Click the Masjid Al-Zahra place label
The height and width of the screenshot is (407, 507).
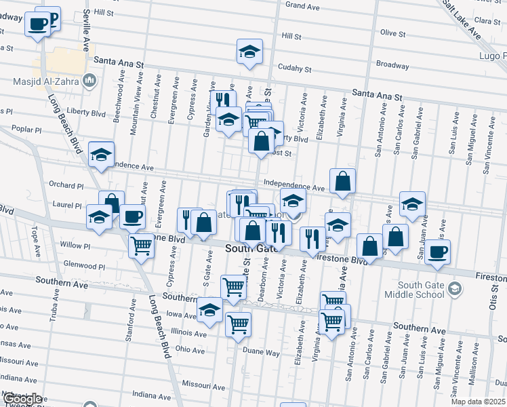point(46,83)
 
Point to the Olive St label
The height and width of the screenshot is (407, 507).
point(392,33)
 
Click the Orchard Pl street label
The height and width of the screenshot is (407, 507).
point(66,185)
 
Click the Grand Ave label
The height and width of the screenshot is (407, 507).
point(302,5)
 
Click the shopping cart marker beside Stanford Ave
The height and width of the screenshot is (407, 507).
point(141,246)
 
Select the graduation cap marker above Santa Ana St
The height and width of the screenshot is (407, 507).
point(249,52)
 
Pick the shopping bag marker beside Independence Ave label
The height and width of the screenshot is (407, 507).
point(343,181)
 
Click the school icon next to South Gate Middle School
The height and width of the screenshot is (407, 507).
point(455,289)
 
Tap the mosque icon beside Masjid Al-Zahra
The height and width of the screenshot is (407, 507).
point(89,83)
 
